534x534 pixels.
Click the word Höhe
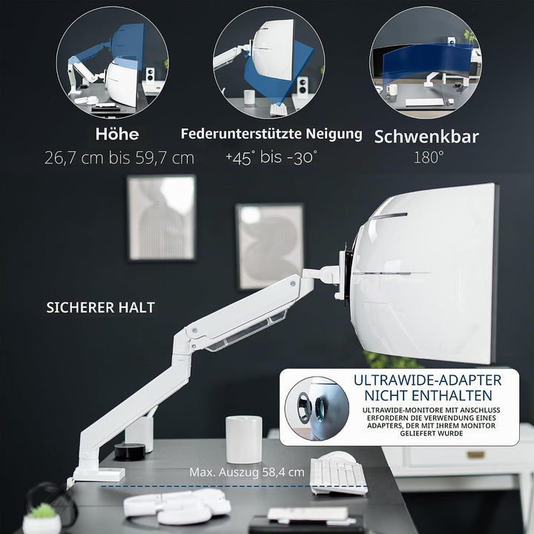pyautogui.click(x=117, y=133)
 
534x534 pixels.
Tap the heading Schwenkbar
pyautogui.click(x=426, y=136)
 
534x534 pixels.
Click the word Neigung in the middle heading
pyautogui.click(x=334, y=134)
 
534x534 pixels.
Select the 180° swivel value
pyautogui.click(x=429, y=157)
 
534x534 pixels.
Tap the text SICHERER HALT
pyautogui.click(x=100, y=308)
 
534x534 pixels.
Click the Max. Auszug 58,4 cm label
pyautogui.click(x=247, y=472)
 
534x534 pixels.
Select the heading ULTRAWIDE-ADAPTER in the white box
pyautogui.click(x=427, y=380)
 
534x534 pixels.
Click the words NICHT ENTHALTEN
pyautogui.click(x=428, y=395)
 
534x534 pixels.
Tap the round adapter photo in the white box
pyautogui.click(x=317, y=409)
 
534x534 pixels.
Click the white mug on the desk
pyautogui.click(x=244, y=439)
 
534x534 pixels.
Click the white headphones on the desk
pyautogui.click(x=177, y=506)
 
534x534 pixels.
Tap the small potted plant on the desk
pyautogui.click(x=42, y=518)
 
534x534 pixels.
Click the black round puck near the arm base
pyautogui.click(x=129, y=451)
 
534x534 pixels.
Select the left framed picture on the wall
pyautogui.click(x=162, y=217)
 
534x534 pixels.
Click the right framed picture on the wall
pyautogui.click(x=269, y=246)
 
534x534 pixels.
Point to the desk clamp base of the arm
pyautogui.click(x=99, y=474)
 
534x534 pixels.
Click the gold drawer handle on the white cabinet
pyautogui.click(x=475, y=455)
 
